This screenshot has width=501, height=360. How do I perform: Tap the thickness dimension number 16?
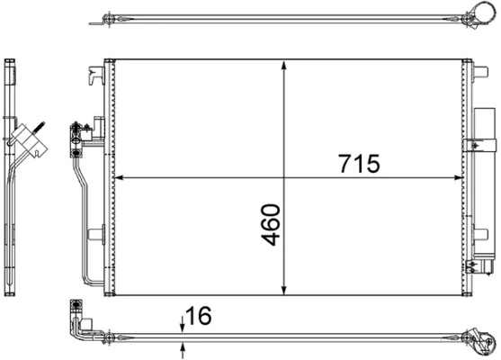(x=201, y=317)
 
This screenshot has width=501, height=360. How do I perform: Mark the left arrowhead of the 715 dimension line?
(x=121, y=177)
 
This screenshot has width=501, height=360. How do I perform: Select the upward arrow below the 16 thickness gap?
(x=183, y=347)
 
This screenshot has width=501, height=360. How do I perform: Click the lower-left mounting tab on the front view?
(x=95, y=235)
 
